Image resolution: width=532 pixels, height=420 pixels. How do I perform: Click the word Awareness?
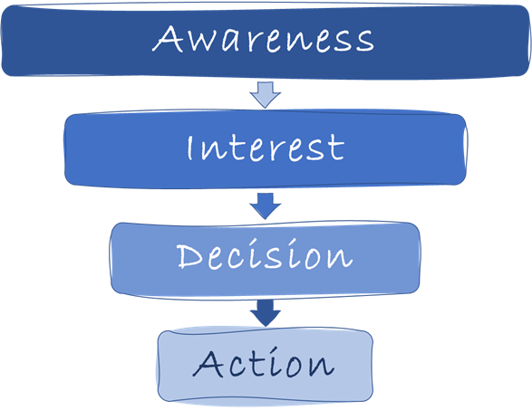263,39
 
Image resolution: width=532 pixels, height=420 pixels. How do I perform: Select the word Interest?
266,148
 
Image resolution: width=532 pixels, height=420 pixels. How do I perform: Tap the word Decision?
265,254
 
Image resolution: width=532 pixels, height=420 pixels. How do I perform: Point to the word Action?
264,362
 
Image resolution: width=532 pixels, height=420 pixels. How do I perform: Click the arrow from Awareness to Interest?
266,94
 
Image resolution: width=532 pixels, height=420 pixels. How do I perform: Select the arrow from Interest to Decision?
266,205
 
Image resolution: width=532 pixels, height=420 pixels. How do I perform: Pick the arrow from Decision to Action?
266,313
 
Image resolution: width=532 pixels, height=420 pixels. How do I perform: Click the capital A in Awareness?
168,39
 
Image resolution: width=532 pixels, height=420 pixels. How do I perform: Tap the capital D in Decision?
189,256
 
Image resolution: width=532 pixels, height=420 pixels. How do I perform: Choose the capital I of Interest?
189,148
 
